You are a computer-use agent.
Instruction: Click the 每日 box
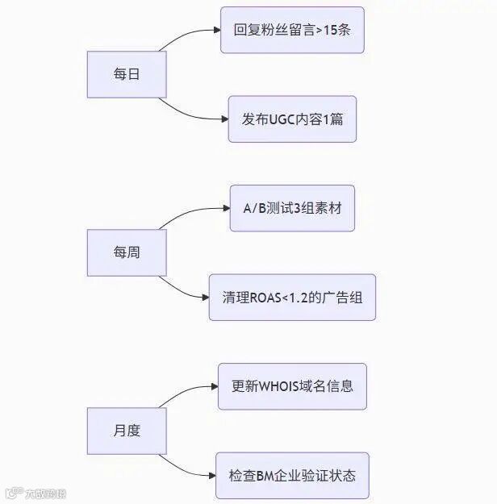(127, 74)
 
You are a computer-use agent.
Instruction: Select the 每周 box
(127, 252)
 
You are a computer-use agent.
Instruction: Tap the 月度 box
(127, 430)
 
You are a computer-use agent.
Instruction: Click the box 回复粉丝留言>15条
(292, 31)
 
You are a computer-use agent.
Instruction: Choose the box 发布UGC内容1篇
(292, 119)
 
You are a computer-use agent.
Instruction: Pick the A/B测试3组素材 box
(292, 208)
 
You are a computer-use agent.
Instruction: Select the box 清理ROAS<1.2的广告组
(292, 297)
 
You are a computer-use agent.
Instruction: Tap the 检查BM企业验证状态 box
(292, 475)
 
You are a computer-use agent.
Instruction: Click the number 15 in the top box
(331, 31)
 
